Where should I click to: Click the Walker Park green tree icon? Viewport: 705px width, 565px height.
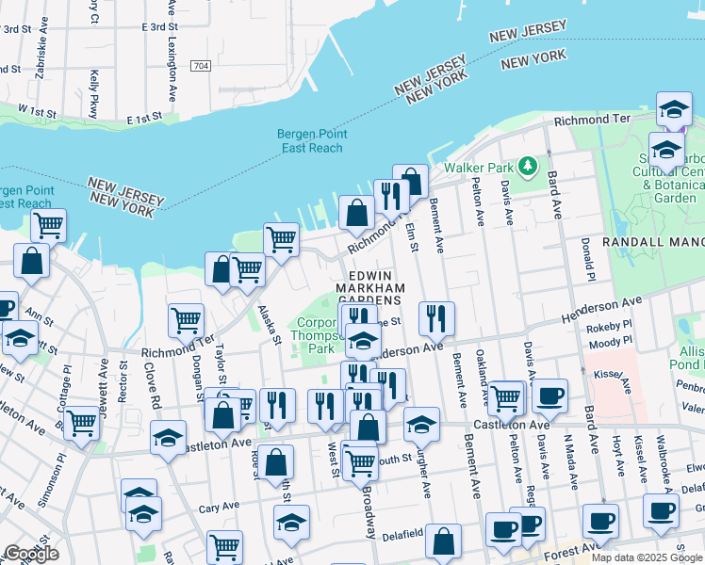[x=529, y=167]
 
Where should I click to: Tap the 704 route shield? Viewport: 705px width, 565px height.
[x=200, y=66]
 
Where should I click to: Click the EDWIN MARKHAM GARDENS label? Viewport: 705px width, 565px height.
[x=370, y=280]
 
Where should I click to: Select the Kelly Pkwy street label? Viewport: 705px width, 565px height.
[x=93, y=91]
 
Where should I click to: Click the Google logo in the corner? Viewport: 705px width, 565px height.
[x=31, y=554]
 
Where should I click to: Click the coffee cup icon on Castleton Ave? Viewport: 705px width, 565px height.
[x=549, y=395]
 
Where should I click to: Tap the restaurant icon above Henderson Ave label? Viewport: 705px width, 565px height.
[x=436, y=318]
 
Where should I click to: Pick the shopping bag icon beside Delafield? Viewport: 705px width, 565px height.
[x=443, y=541]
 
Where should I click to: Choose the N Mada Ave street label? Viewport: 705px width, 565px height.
[x=568, y=460]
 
